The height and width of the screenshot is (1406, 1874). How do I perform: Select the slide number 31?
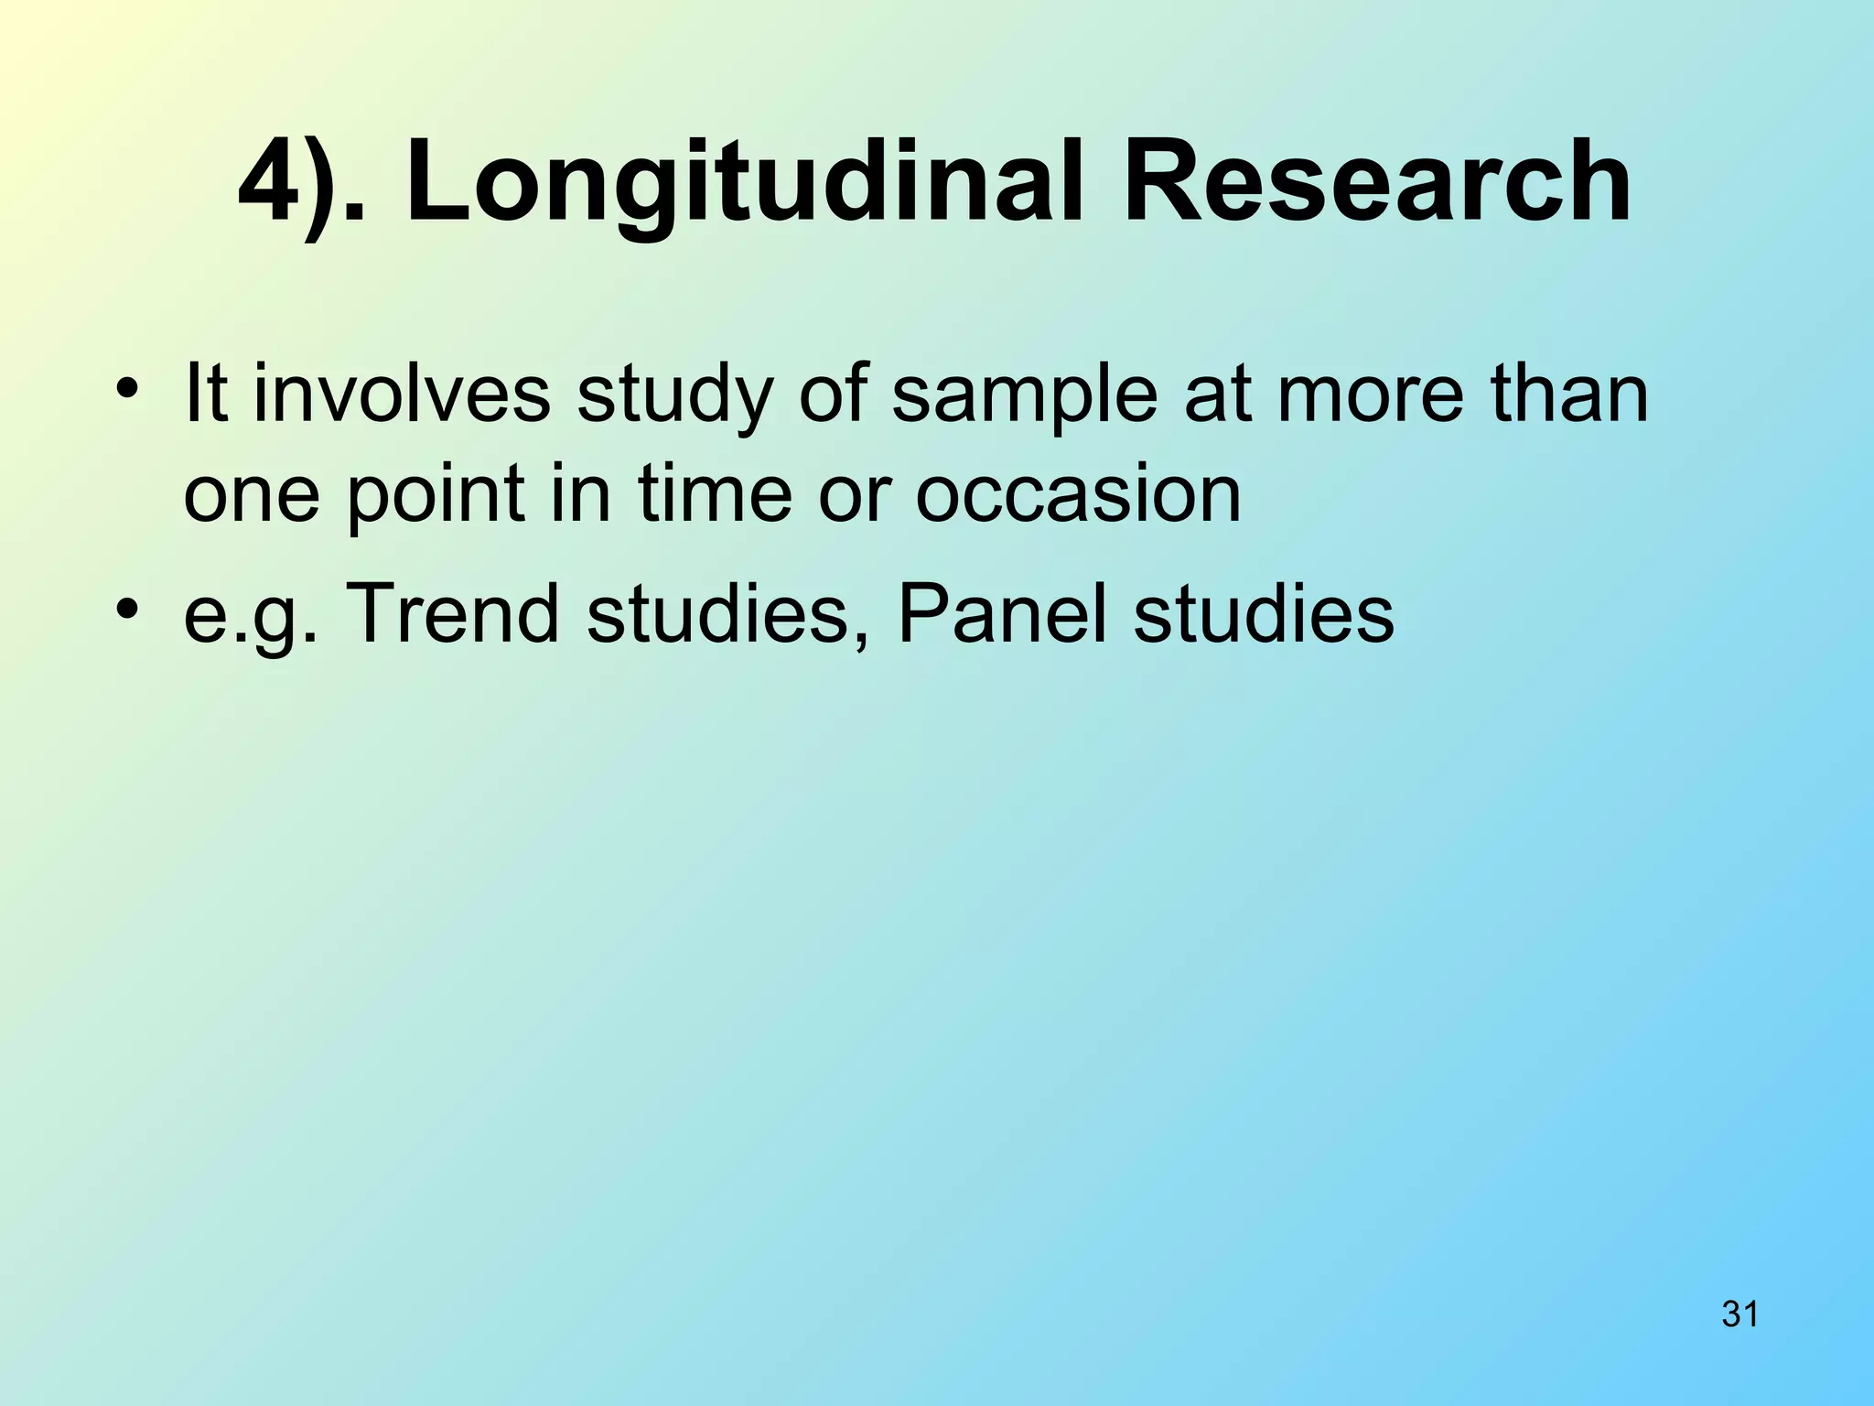click(1739, 1314)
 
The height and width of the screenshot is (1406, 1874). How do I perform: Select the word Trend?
click(453, 613)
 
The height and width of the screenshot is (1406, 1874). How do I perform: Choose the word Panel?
click(1002, 613)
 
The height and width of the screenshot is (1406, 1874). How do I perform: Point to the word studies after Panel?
click(1264, 613)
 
